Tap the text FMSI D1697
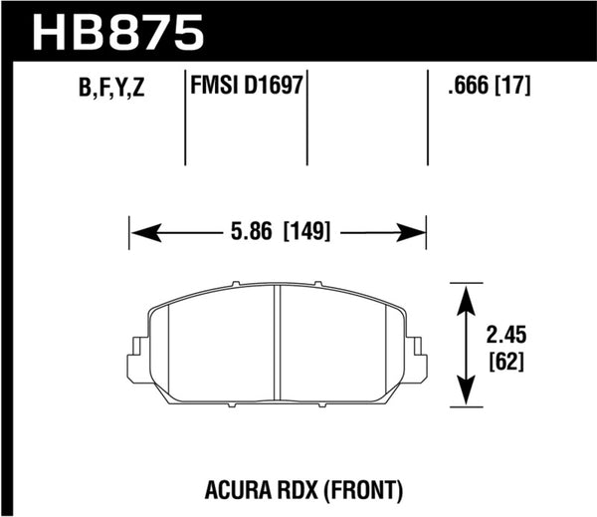[x=245, y=87]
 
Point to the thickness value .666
[x=466, y=87]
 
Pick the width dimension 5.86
[x=251, y=233]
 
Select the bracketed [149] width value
[x=311, y=233]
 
